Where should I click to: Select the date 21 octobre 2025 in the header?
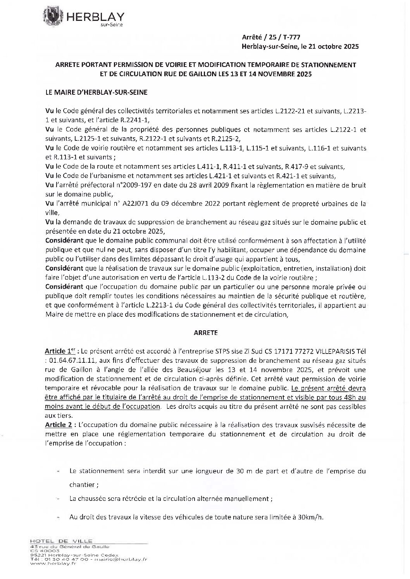tap(334, 46)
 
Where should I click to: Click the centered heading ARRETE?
tap(205, 332)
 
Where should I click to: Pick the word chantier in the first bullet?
tap(82, 485)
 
